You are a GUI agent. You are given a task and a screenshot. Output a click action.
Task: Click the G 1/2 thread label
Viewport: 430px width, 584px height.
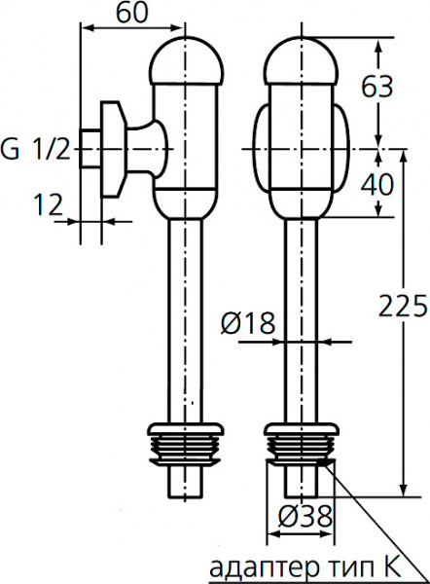pyautogui.click(x=36, y=150)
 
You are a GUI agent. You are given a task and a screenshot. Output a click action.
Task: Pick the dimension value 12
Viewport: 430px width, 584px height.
pyautogui.click(x=46, y=203)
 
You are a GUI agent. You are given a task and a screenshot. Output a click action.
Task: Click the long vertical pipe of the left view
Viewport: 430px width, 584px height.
pyautogui.click(x=186, y=321)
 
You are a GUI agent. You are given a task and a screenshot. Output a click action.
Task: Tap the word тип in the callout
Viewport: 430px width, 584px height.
pyautogui.click(x=342, y=566)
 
